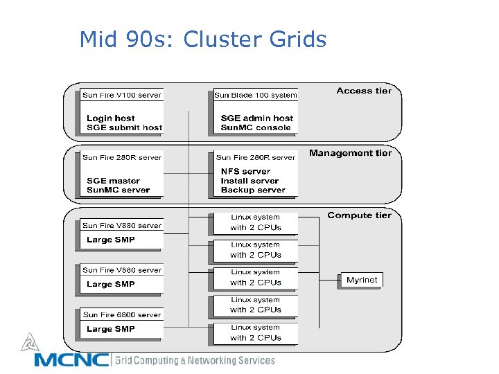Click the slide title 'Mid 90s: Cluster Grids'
(x=202, y=39)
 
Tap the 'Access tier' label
(x=364, y=91)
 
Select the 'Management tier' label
(x=350, y=153)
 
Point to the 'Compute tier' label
(x=359, y=215)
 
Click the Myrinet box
(x=362, y=280)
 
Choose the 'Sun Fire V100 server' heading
(x=121, y=96)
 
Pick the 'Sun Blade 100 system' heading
(x=256, y=96)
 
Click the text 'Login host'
(x=110, y=118)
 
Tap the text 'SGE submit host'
(x=124, y=127)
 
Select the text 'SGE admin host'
(x=256, y=118)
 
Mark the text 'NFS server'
(x=245, y=171)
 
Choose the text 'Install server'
(x=249, y=181)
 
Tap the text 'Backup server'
(x=253, y=190)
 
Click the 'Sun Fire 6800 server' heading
(x=121, y=315)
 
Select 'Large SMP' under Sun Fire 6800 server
(x=110, y=329)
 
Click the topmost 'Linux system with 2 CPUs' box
(x=256, y=222)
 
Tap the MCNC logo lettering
(x=71, y=360)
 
